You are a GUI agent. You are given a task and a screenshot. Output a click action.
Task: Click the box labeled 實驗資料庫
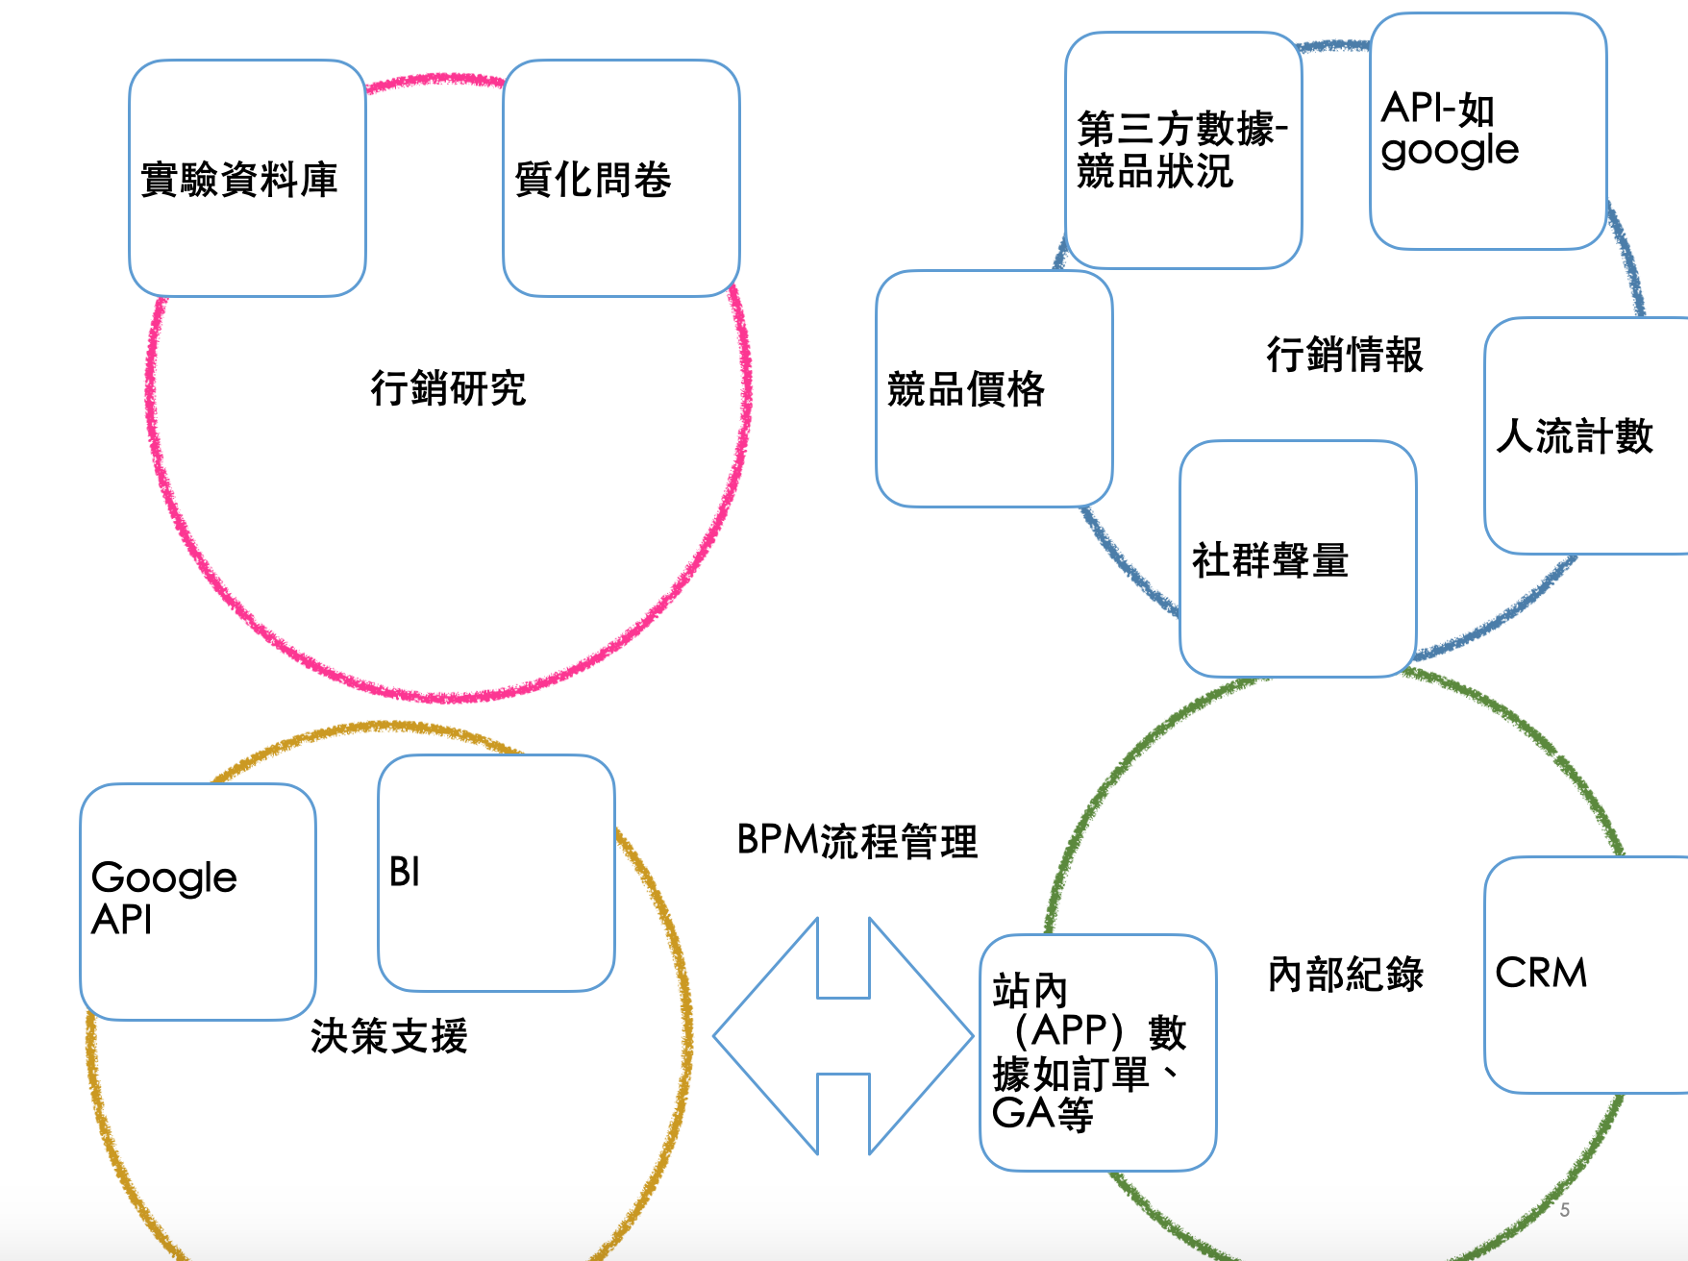(247, 179)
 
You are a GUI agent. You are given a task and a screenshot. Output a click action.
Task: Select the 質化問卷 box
(621, 179)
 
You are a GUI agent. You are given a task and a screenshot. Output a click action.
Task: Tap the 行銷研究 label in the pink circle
(448, 388)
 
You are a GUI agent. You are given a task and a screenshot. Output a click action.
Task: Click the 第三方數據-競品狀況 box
(1183, 151)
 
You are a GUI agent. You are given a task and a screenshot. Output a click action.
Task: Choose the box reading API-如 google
(1487, 131)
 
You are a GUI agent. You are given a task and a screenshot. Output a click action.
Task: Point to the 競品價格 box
(994, 388)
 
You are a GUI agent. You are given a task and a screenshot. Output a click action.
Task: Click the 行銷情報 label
(1344, 355)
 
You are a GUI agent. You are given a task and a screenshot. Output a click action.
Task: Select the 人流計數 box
(1584, 435)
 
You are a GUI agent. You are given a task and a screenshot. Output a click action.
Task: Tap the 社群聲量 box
(1298, 559)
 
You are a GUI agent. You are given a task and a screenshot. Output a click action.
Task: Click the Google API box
(198, 901)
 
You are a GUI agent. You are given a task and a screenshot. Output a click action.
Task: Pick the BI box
(496, 873)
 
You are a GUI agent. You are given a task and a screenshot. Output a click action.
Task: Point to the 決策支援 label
(388, 1036)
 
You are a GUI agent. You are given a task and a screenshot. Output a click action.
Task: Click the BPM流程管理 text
(856, 841)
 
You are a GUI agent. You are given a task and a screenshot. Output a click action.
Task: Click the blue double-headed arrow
(843, 1036)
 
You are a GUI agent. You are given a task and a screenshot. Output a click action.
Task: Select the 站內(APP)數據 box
(1098, 1052)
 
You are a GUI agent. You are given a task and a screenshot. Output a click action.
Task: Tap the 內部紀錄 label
(1345, 974)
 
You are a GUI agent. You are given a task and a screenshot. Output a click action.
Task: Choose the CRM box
(1584, 974)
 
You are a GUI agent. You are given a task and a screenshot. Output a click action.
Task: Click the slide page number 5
(1564, 1210)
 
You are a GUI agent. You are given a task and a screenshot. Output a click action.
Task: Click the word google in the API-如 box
(1450, 151)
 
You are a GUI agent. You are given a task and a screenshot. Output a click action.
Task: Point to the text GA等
(1042, 1114)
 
